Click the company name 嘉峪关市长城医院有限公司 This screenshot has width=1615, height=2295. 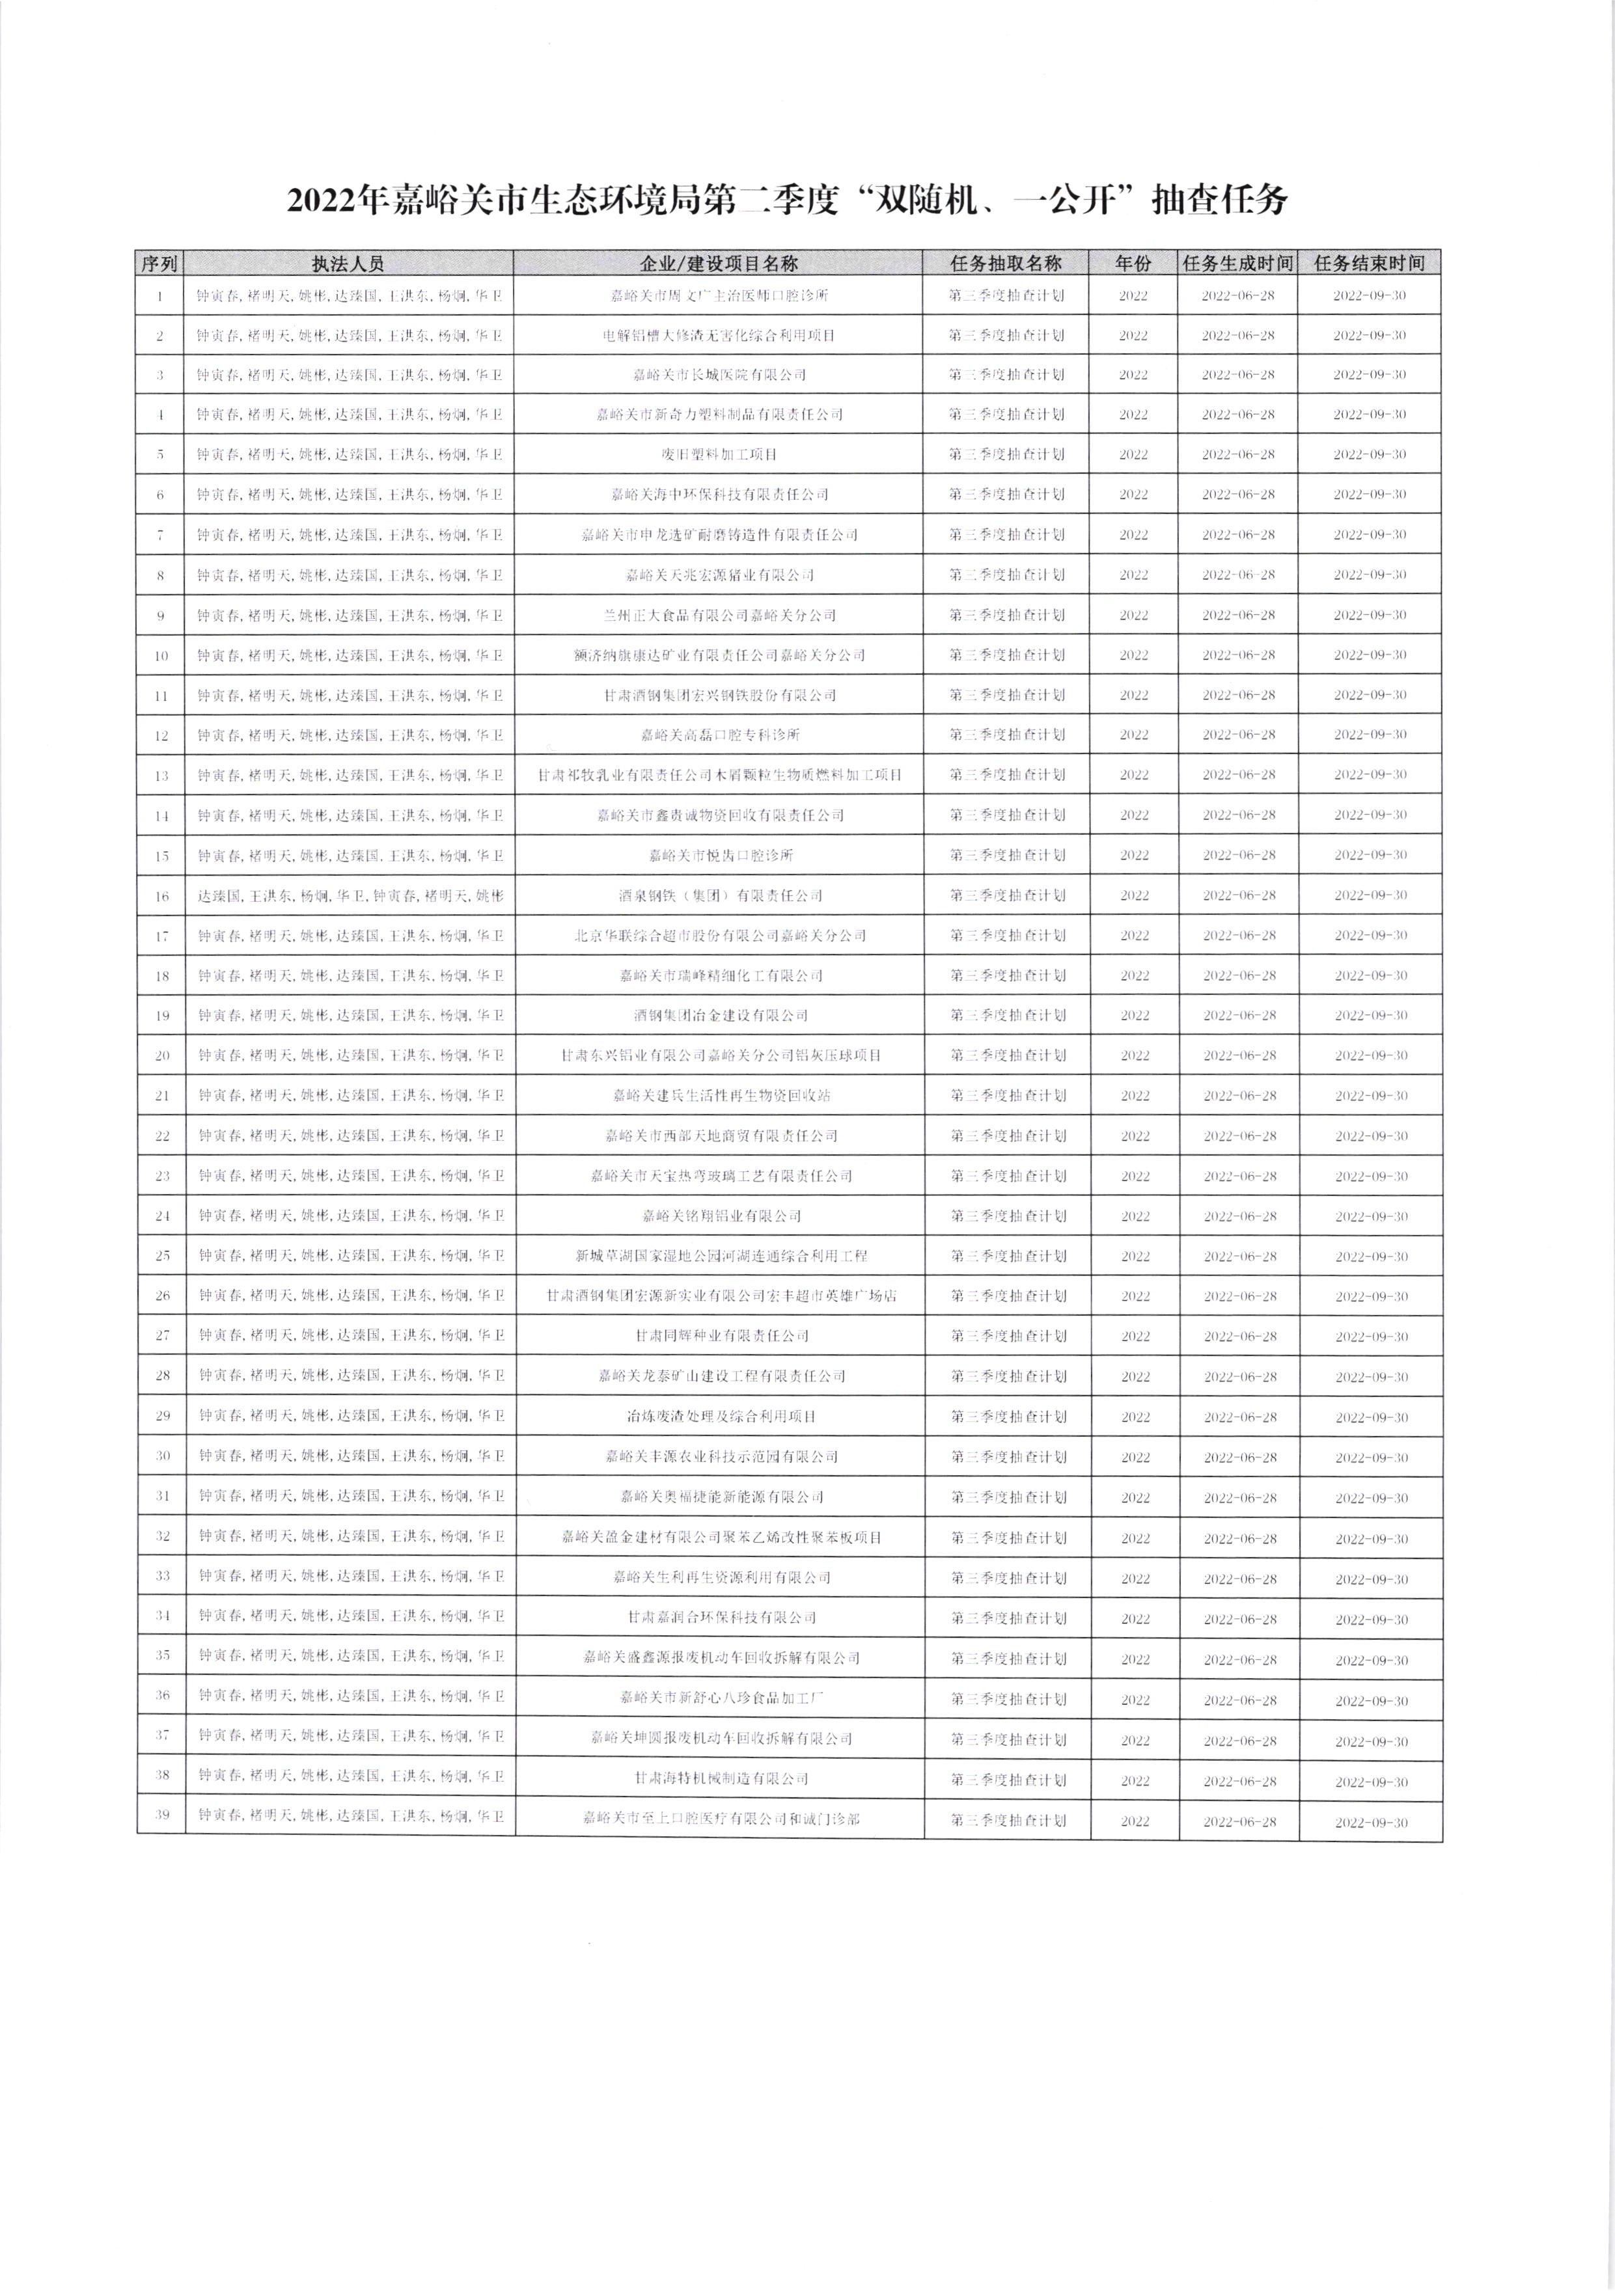coord(720,375)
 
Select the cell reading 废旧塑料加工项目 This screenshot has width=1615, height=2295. coord(720,455)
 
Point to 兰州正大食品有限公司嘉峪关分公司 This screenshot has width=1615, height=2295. coord(720,616)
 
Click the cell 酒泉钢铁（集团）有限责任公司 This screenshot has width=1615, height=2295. coord(720,895)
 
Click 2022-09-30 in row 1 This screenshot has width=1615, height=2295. coord(1369,296)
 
